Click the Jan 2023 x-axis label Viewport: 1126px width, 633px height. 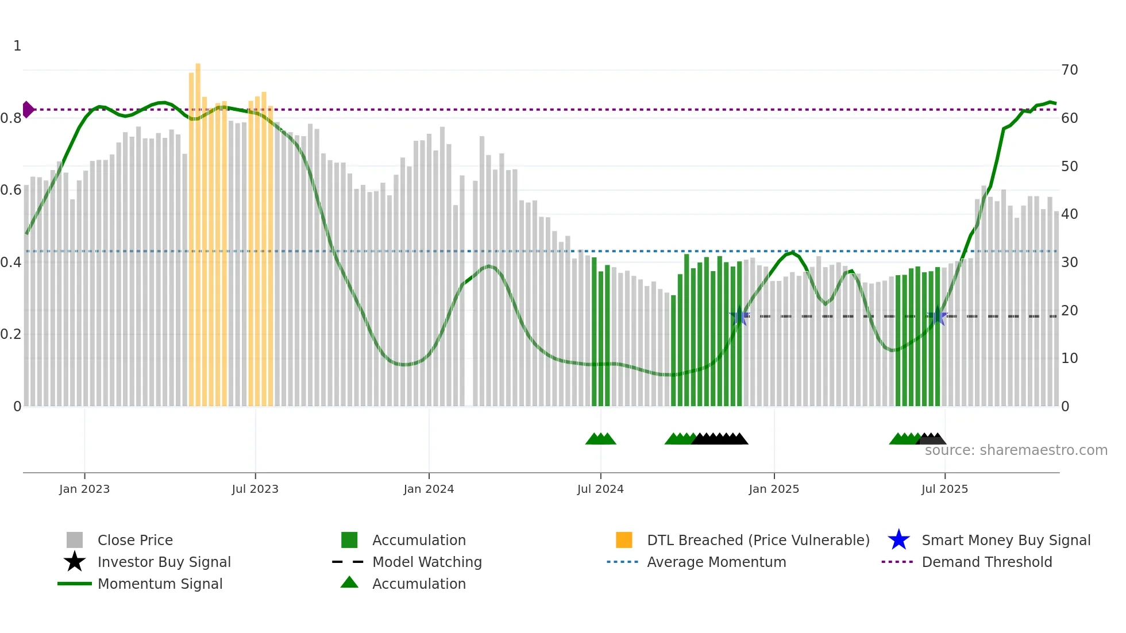coord(84,489)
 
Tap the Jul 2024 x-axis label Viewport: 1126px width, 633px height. coord(600,489)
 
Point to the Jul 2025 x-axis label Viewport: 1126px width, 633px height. coord(944,489)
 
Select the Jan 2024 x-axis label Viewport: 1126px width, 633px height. coord(429,489)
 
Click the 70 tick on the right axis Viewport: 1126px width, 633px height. coord(1069,70)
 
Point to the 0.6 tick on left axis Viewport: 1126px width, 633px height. coord(11,190)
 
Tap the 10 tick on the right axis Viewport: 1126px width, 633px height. coord(1069,358)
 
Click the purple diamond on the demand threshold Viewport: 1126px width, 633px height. coord(28,109)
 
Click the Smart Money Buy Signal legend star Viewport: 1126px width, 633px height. coord(899,540)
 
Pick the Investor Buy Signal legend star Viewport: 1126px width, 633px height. coord(75,562)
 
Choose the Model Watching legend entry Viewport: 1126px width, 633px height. coord(426,562)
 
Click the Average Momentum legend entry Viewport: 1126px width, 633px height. coord(716,562)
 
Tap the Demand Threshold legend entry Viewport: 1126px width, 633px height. coord(986,562)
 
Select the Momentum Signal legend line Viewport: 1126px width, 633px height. coord(75,584)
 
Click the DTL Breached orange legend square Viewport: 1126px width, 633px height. coord(624,540)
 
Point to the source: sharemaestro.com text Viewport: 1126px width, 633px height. coord(1016,450)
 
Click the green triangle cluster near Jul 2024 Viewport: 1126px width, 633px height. coord(601,439)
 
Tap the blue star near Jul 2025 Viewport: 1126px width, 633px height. coord(938,316)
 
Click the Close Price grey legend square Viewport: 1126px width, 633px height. coord(75,540)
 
